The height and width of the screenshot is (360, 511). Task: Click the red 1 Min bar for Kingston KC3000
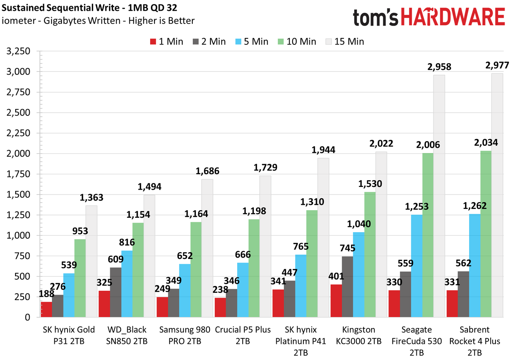pos(336,300)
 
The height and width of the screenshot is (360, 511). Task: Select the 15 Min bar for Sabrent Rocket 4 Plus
pos(497,195)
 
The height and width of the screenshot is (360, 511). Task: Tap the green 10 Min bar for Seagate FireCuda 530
pos(428,235)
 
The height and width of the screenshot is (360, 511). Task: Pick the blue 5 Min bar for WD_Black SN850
pos(127,284)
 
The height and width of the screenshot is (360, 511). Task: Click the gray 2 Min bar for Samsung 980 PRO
pos(174,303)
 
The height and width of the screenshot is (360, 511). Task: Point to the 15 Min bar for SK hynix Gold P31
pos(91,261)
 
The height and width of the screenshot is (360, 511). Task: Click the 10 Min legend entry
pos(297,42)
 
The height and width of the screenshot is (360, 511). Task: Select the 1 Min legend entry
pos(166,42)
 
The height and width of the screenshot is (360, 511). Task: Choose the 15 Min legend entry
pos(345,42)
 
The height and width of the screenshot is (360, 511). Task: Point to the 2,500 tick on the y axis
pos(18,113)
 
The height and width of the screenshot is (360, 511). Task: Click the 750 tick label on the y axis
pos(22,256)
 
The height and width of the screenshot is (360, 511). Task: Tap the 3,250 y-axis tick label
pos(18,51)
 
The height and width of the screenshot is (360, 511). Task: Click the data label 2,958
pos(439,67)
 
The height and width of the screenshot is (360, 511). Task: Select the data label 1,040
pos(359,224)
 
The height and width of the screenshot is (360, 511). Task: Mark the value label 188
pos(47,294)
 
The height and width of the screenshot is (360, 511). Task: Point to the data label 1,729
pos(265,167)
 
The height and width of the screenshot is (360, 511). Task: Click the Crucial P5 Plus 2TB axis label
pos(243,335)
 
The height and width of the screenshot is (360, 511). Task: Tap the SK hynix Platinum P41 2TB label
pos(301,341)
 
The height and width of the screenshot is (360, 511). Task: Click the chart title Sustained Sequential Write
pos(60,8)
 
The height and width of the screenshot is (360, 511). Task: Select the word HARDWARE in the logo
pos(453,17)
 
